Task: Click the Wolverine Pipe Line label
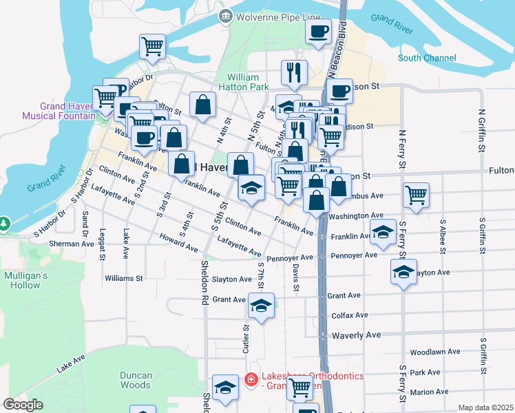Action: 279,17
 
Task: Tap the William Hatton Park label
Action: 243,82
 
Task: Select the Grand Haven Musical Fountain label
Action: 58,111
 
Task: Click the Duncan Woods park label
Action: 135,380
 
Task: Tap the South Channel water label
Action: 426,58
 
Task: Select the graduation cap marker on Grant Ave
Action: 261,306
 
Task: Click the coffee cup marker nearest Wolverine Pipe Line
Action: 318,32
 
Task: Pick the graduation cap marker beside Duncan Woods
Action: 225,388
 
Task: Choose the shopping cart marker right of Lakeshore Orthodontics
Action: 299,388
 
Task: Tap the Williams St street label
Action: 123,279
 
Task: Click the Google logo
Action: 23,405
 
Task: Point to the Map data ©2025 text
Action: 485,407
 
